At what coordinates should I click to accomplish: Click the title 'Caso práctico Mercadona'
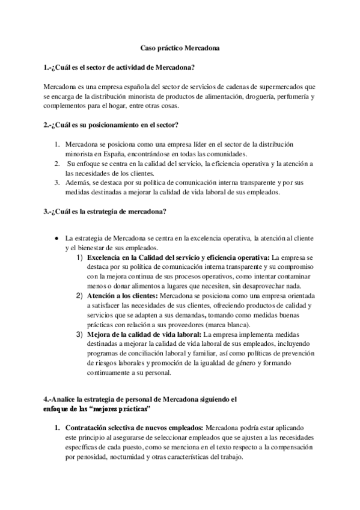pos(180,46)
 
